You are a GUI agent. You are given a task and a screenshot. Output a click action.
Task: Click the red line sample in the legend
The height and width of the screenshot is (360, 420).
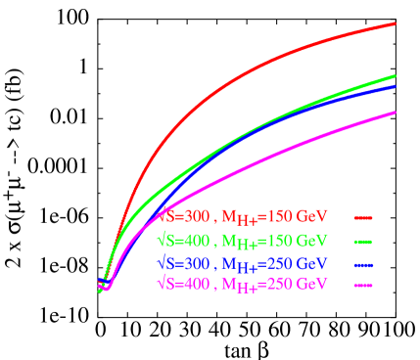(x=364, y=217)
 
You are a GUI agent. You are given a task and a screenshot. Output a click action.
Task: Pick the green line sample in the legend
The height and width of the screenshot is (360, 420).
(x=364, y=241)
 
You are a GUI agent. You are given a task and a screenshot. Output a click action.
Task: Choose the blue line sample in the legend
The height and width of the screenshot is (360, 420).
(x=364, y=264)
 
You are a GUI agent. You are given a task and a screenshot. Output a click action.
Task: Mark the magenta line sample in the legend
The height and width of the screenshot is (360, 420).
(x=364, y=285)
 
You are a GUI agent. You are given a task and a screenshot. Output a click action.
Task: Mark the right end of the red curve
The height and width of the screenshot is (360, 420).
(x=395, y=22)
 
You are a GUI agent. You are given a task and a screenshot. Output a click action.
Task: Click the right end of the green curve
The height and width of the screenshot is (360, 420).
(x=395, y=75)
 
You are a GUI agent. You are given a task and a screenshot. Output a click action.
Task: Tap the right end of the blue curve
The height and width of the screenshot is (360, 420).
(x=395, y=86)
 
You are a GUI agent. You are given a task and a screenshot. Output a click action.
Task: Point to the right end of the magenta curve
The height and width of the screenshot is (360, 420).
(x=395, y=112)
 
